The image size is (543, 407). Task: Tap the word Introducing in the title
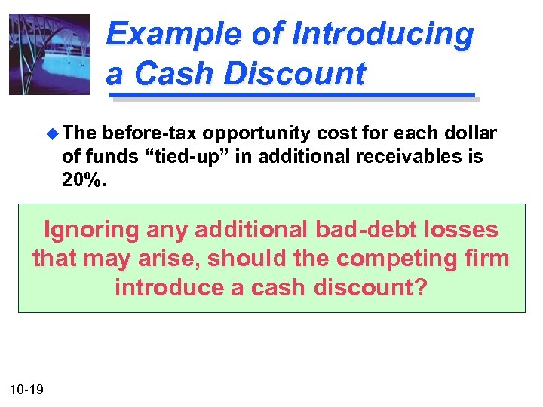382,35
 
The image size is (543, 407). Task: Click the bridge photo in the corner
49,54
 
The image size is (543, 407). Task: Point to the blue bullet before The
51,134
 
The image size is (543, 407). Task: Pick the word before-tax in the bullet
153,134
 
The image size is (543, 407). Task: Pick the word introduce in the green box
171,287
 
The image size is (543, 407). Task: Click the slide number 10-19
26,390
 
